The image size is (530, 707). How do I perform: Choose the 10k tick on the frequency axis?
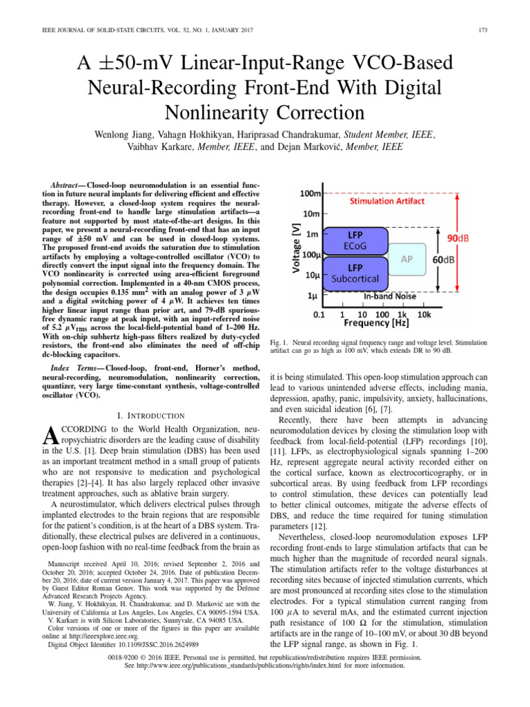point(426,313)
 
